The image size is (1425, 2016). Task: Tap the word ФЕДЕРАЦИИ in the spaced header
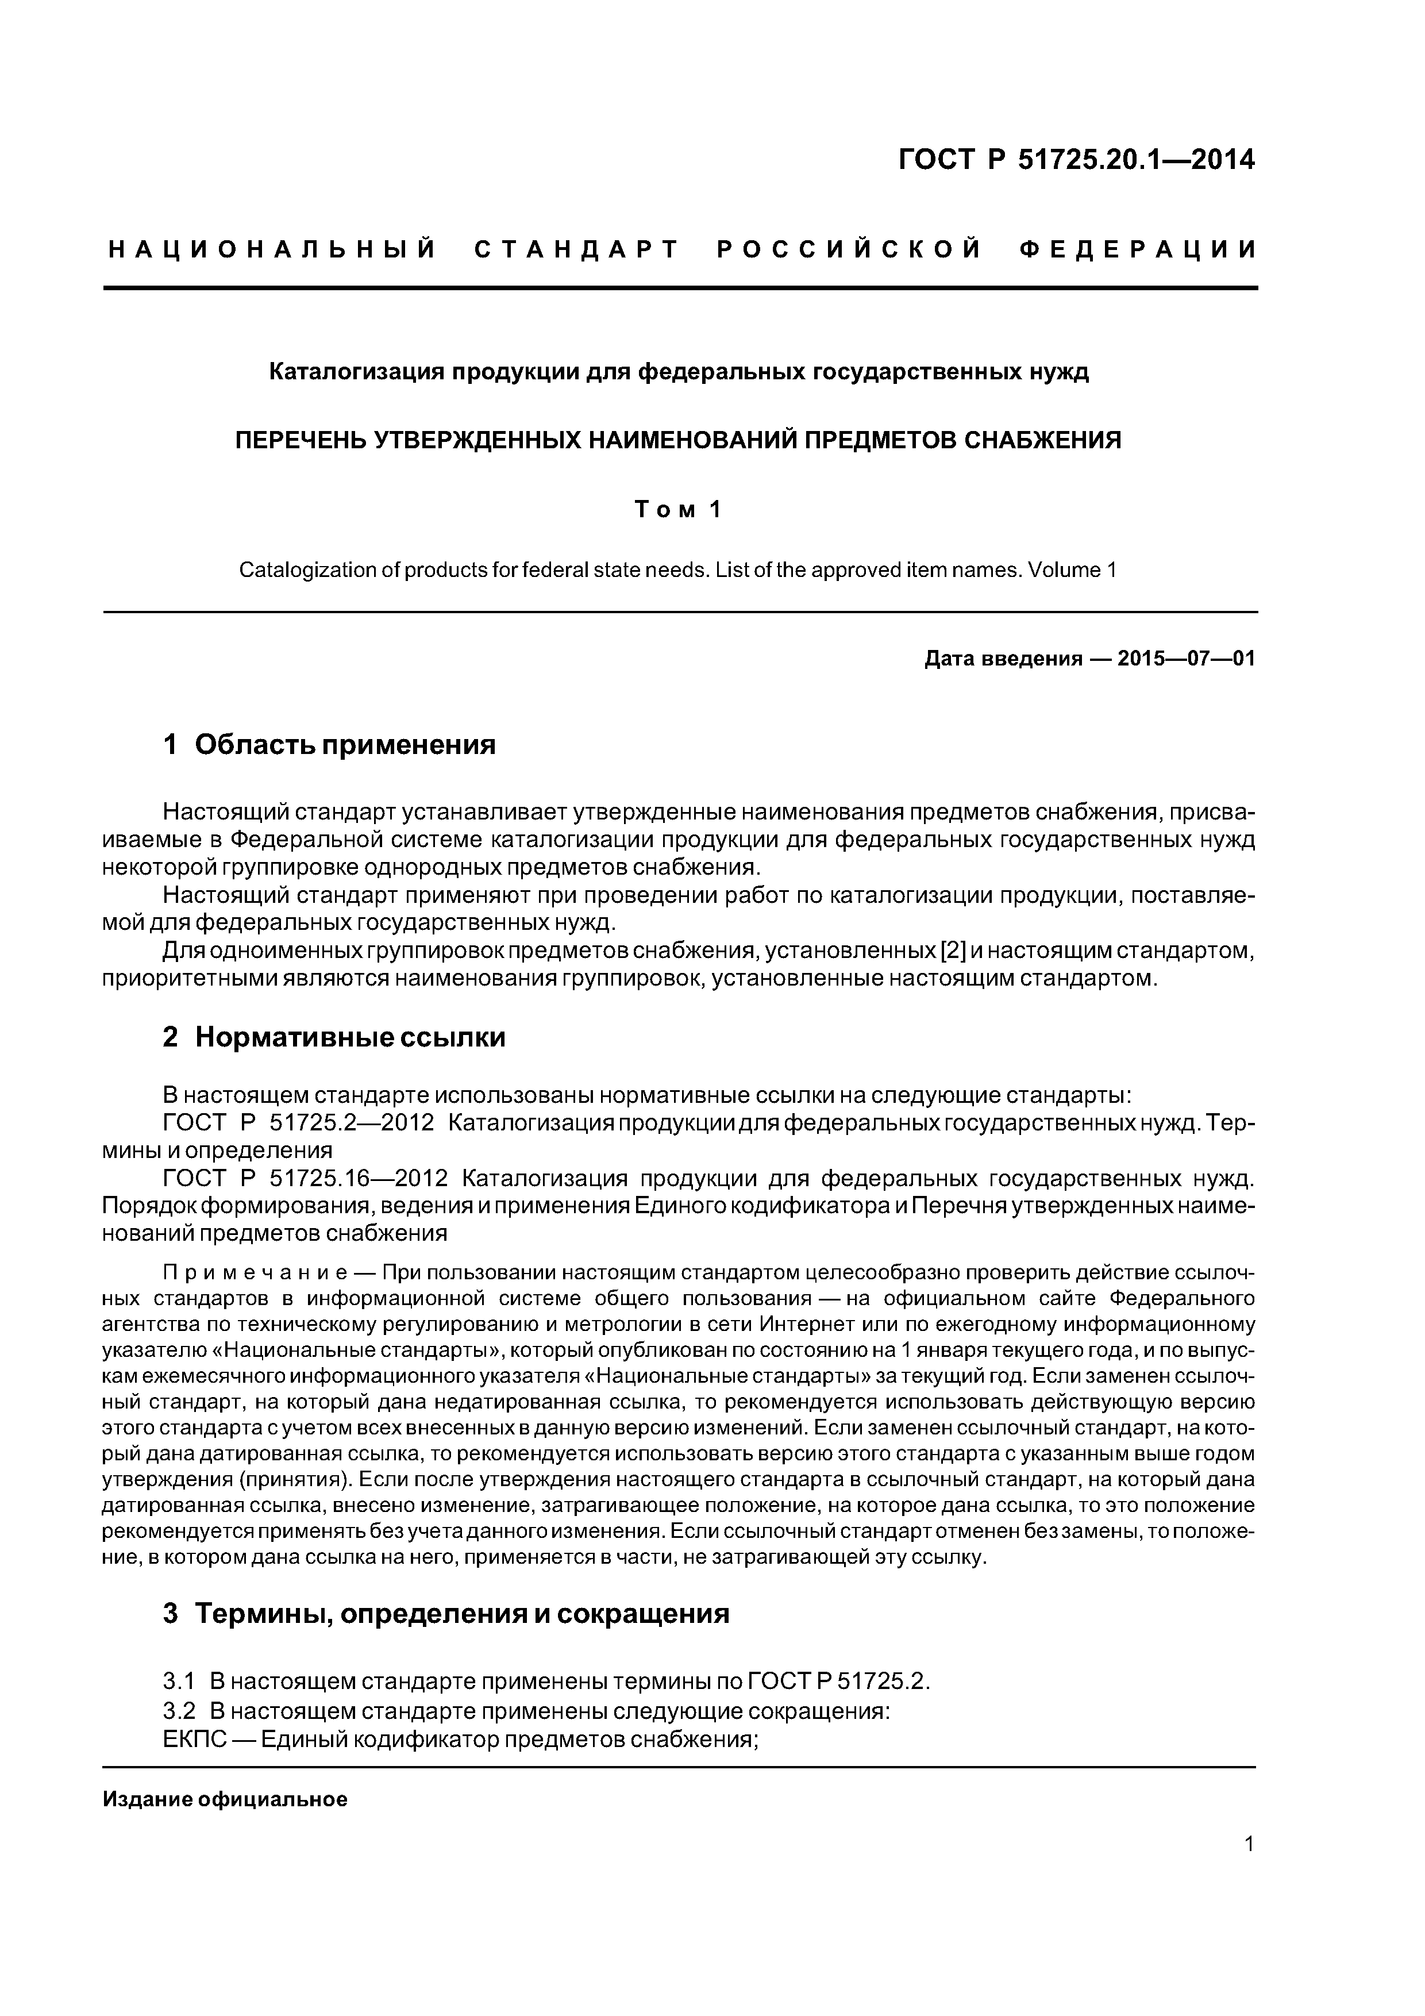[x=1138, y=250]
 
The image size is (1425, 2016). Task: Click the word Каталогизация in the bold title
[x=356, y=372]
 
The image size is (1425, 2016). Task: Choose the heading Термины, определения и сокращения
[x=462, y=1614]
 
